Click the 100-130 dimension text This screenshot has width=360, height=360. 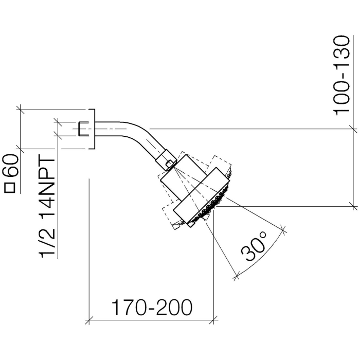(342, 76)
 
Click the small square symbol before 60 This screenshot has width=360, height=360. (10, 188)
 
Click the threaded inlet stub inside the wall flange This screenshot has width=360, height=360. (83, 128)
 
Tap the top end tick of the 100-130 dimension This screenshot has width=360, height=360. (353, 128)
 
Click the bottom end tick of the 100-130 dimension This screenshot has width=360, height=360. (353, 206)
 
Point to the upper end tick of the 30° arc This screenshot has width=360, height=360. (283, 228)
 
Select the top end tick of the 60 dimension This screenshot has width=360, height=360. (21, 109)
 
